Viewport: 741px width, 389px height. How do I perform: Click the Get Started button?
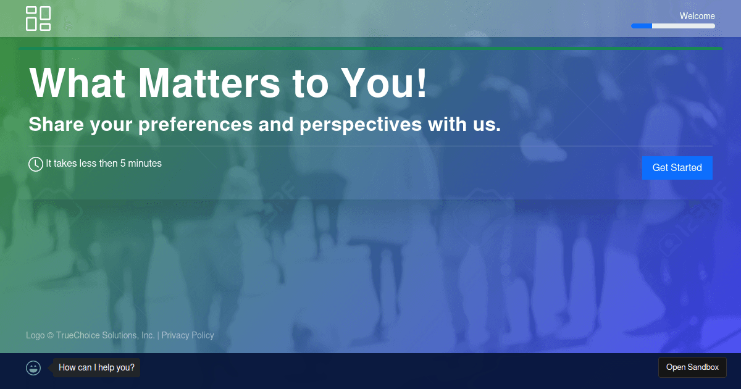[x=677, y=168]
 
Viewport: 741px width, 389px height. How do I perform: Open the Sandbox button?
[x=692, y=367]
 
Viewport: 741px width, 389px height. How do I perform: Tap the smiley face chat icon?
[x=33, y=368]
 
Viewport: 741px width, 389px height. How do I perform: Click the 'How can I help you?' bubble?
[x=96, y=367]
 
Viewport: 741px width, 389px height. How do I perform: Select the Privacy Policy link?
[x=188, y=335]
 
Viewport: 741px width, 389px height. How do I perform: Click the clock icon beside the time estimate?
[x=35, y=164]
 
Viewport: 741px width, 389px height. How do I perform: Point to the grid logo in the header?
[x=38, y=19]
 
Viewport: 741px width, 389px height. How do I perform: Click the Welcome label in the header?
[x=697, y=16]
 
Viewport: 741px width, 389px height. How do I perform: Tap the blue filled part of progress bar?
[x=642, y=26]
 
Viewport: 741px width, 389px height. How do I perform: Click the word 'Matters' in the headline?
[x=209, y=83]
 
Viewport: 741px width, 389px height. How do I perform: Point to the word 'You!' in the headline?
[x=384, y=83]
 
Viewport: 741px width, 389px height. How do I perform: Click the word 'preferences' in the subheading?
[x=195, y=125]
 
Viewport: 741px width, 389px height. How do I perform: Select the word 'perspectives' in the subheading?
[x=361, y=125]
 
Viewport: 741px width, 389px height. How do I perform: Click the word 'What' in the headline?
[x=77, y=83]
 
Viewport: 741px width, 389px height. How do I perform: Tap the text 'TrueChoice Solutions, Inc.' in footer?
[x=105, y=335]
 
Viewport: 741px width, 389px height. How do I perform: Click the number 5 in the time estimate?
[x=123, y=164]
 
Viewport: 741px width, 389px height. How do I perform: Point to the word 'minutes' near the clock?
[x=144, y=164]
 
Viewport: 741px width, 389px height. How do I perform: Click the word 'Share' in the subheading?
[x=56, y=124]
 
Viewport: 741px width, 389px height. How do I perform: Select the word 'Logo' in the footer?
[x=35, y=335]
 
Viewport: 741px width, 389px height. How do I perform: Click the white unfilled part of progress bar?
[x=684, y=26]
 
